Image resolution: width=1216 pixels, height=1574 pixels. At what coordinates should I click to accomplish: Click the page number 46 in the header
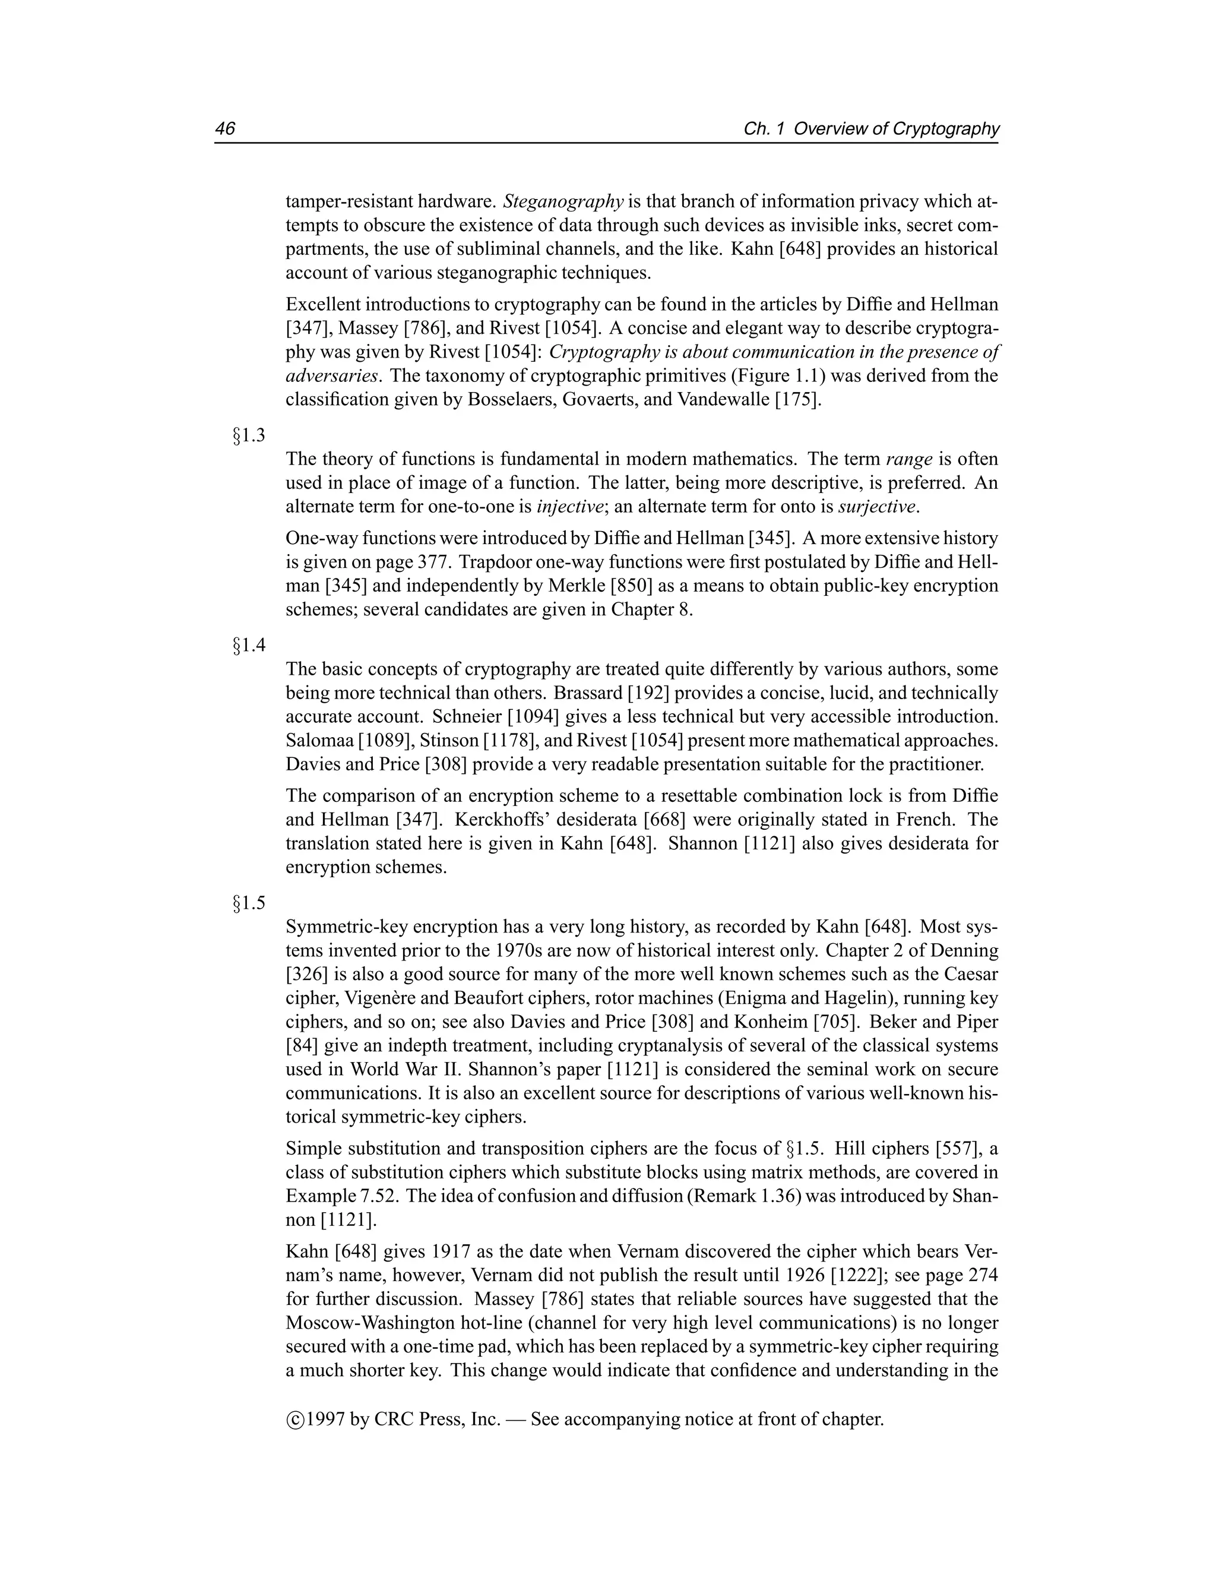click(225, 129)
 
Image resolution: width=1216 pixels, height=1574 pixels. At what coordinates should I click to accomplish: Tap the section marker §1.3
click(249, 435)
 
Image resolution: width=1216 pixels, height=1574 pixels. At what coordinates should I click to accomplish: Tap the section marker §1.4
click(249, 645)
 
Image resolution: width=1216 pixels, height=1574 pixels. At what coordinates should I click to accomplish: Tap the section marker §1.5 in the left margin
click(249, 902)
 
